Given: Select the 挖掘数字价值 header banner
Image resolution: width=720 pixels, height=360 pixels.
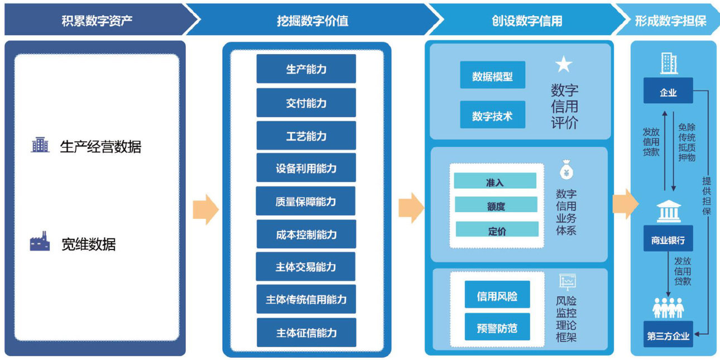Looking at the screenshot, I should tap(312, 21).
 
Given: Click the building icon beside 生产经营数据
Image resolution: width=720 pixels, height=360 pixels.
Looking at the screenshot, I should tap(40, 145).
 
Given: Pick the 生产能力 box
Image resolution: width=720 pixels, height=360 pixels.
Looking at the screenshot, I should tap(306, 69).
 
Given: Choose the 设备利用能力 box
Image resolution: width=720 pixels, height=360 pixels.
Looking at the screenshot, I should tap(306, 168).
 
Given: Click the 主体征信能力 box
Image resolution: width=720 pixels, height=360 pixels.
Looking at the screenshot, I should tap(306, 333).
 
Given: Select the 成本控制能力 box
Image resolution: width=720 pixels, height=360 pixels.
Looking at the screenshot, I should tap(306, 234).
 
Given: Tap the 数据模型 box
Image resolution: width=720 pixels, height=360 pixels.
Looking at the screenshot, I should tap(492, 76).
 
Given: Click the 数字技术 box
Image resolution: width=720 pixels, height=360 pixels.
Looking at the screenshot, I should tap(492, 116).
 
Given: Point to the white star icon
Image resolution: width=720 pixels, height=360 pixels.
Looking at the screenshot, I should tap(564, 65).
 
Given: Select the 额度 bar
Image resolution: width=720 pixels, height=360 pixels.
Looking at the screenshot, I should tap(496, 205).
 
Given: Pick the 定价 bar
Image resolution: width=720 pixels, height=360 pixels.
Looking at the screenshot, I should tap(497, 230).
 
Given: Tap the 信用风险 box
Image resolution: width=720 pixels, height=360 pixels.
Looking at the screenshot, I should tap(497, 296).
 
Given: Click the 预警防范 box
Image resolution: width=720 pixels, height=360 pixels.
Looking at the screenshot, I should tap(497, 328).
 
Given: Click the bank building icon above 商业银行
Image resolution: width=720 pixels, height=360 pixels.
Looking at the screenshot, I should tap(668, 211).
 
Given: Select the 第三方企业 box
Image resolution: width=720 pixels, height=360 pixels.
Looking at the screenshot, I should tap(668, 335).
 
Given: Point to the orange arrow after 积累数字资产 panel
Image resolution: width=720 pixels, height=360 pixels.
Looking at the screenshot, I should tap(205, 209).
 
